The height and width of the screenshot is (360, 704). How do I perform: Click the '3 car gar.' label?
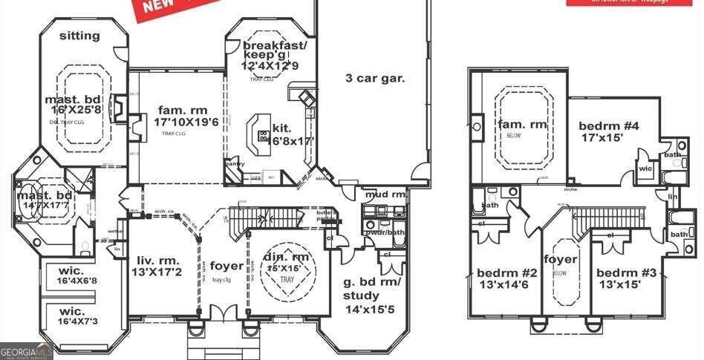[375, 78]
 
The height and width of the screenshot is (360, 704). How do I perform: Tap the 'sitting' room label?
[79, 35]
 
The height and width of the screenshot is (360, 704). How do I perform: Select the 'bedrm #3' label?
[627, 272]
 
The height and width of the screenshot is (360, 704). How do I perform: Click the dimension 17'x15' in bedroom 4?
[600, 137]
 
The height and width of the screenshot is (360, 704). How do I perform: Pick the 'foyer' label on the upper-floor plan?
[561, 259]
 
